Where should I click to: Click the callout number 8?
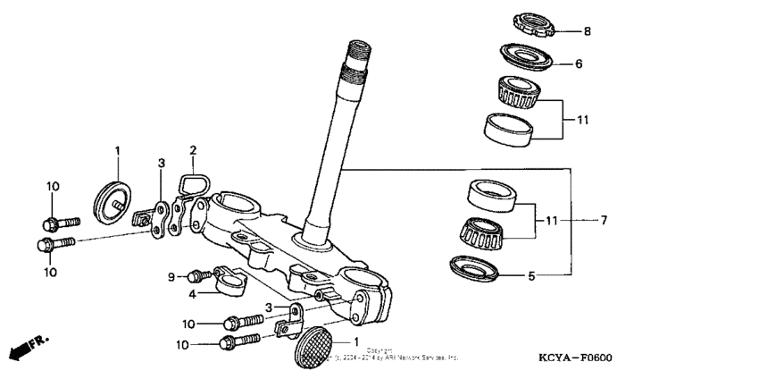(x=587, y=31)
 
